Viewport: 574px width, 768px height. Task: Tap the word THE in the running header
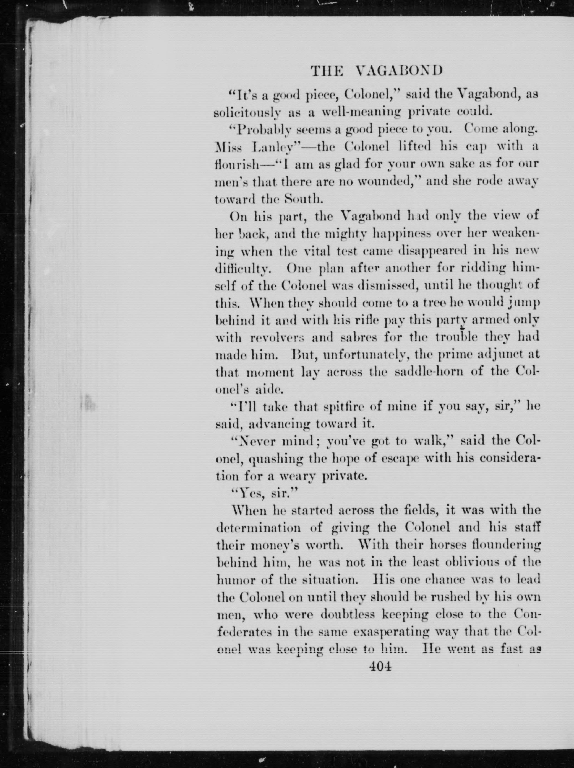pyautogui.click(x=326, y=71)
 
